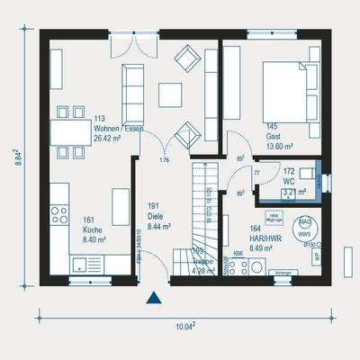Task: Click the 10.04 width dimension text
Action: [x=184, y=326]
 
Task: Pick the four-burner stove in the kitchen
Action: [x=60, y=214]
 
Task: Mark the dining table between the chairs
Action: [x=67, y=132]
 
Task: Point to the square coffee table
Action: [x=170, y=94]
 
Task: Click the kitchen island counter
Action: [x=118, y=211]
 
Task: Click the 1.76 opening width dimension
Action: [x=165, y=160]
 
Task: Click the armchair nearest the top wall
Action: [x=188, y=59]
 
